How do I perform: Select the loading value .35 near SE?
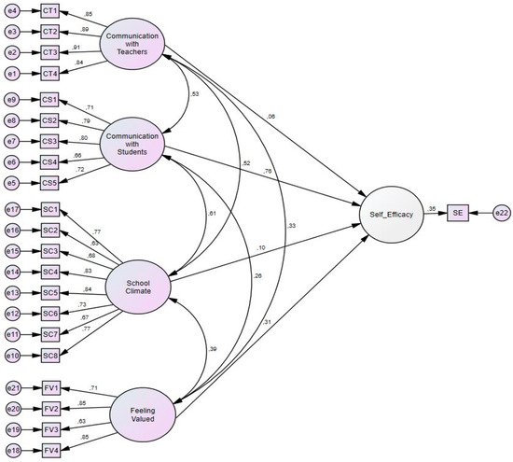[x=431, y=208]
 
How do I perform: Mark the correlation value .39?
[x=213, y=347]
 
